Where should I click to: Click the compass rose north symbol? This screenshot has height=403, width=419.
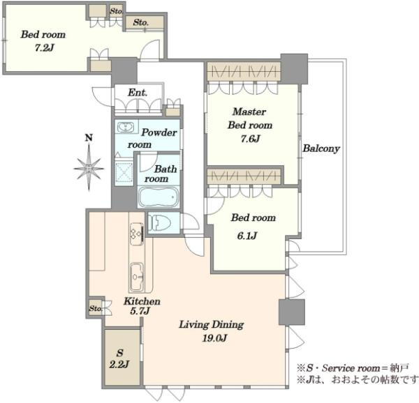click(89, 167)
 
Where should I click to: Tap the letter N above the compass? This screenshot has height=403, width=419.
click(89, 138)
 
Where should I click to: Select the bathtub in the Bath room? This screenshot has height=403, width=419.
click(159, 197)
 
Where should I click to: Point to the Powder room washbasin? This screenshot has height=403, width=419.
click(126, 127)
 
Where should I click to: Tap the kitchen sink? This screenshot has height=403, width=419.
click(137, 277)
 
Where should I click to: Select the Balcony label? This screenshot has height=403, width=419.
click(321, 149)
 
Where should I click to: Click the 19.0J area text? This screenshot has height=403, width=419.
click(214, 338)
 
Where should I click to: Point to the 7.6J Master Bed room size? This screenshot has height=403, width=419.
click(250, 139)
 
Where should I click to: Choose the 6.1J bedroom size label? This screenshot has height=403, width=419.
click(247, 236)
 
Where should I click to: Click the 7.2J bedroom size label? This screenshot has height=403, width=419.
click(45, 48)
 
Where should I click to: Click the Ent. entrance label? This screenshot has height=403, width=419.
click(138, 93)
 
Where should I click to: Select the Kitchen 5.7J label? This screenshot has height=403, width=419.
click(142, 306)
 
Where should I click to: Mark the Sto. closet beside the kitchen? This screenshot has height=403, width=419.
click(96, 309)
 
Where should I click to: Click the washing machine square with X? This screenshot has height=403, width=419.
click(124, 172)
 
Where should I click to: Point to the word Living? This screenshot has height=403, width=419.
click(194, 325)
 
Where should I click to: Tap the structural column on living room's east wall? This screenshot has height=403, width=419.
click(291, 312)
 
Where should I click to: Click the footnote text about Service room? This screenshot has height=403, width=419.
click(353, 368)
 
